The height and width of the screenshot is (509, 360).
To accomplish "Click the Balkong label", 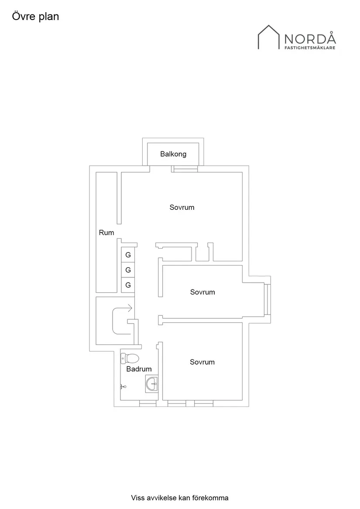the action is point(173,154).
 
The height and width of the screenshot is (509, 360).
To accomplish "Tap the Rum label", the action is point(106,232).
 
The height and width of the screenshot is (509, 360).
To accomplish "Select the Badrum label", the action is point(139,369).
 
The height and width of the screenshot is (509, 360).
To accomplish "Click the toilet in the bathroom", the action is point(130,359).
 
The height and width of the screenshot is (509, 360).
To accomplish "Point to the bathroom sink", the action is point(152,384).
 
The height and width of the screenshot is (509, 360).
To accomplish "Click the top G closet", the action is point(128,255).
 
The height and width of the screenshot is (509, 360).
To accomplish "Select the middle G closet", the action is point(128,270).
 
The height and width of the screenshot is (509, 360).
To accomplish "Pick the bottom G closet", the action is point(128,285).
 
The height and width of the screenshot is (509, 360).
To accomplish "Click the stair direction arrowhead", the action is point(130,308).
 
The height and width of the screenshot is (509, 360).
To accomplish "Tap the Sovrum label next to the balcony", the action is point(182,207).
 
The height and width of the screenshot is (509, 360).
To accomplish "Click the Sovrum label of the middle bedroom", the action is point(202,292).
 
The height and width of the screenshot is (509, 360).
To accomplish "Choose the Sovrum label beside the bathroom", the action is point(202,362).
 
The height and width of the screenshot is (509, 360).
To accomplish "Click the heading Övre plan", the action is point(35,17).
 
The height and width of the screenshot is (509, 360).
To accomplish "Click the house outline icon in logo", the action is point(268,38).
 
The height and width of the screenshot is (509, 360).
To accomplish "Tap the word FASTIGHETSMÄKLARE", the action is point(310,48).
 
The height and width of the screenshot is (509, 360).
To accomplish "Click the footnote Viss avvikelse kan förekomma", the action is point(180,498).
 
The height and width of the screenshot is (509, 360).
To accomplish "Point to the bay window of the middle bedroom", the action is point(267,299).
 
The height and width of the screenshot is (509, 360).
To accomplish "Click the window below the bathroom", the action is point(148,403).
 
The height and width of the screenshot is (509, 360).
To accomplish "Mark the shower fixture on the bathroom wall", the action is point(123,386).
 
